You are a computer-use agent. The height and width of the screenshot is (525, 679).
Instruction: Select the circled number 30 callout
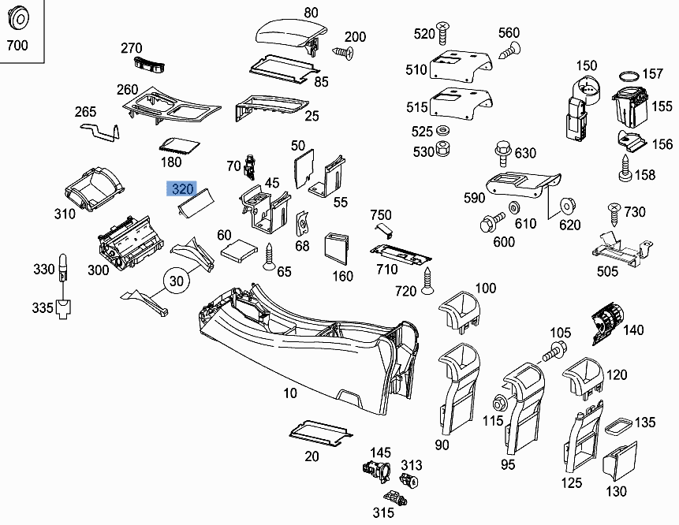pyautogui.click(x=179, y=281)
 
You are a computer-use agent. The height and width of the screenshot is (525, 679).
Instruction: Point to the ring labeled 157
pyautogui.click(x=629, y=76)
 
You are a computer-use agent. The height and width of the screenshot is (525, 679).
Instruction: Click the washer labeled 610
pyautogui.click(x=514, y=207)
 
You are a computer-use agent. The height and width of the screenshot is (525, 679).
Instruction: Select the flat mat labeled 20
pyautogui.click(x=320, y=430)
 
